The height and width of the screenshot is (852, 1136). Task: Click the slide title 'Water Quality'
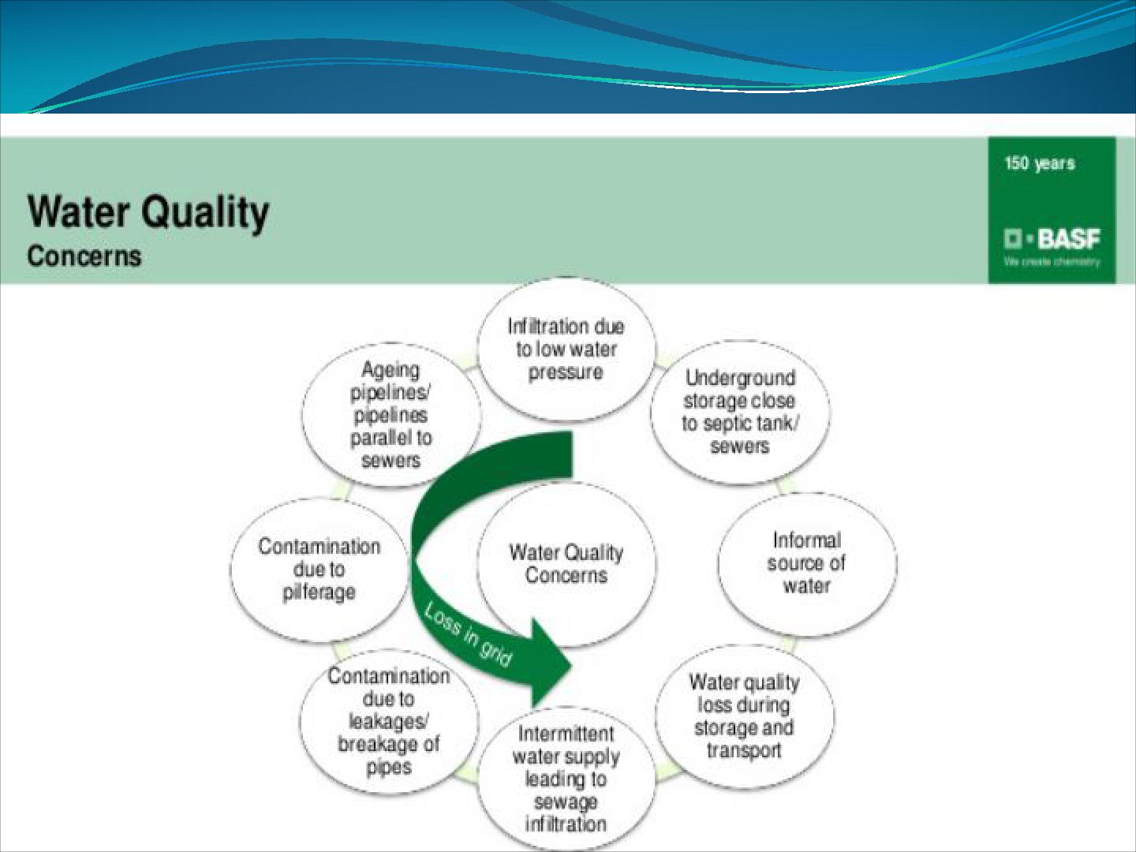pyautogui.click(x=148, y=211)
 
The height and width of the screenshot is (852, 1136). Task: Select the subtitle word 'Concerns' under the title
pyautogui.click(x=84, y=256)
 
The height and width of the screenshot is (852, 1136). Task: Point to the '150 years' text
pyautogui.click(x=1039, y=163)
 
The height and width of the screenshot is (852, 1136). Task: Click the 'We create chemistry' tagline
pyautogui.click(x=1052, y=262)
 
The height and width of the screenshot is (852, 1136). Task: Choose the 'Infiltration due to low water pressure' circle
pyautogui.click(x=566, y=349)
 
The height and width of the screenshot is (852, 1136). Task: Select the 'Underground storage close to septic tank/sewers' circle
pyautogui.click(x=740, y=412)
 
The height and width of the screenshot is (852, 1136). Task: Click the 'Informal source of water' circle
pyautogui.click(x=806, y=563)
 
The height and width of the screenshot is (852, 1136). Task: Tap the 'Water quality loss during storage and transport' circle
pyautogui.click(x=744, y=716)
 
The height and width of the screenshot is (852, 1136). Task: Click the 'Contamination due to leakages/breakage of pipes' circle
pyautogui.click(x=388, y=721)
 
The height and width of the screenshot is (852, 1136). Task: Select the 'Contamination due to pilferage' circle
pyautogui.click(x=319, y=569)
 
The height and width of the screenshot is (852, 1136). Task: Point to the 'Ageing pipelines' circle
pyautogui.click(x=390, y=415)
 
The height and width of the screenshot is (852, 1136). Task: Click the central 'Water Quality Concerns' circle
pyautogui.click(x=566, y=563)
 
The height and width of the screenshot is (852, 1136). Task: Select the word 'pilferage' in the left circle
pyautogui.click(x=319, y=592)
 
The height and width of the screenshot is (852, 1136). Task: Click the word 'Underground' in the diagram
pyautogui.click(x=740, y=378)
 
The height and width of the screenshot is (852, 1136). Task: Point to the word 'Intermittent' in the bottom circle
pyautogui.click(x=566, y=734)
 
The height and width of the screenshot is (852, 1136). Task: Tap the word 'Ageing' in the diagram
pyautogui.click(x=390, y=369)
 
